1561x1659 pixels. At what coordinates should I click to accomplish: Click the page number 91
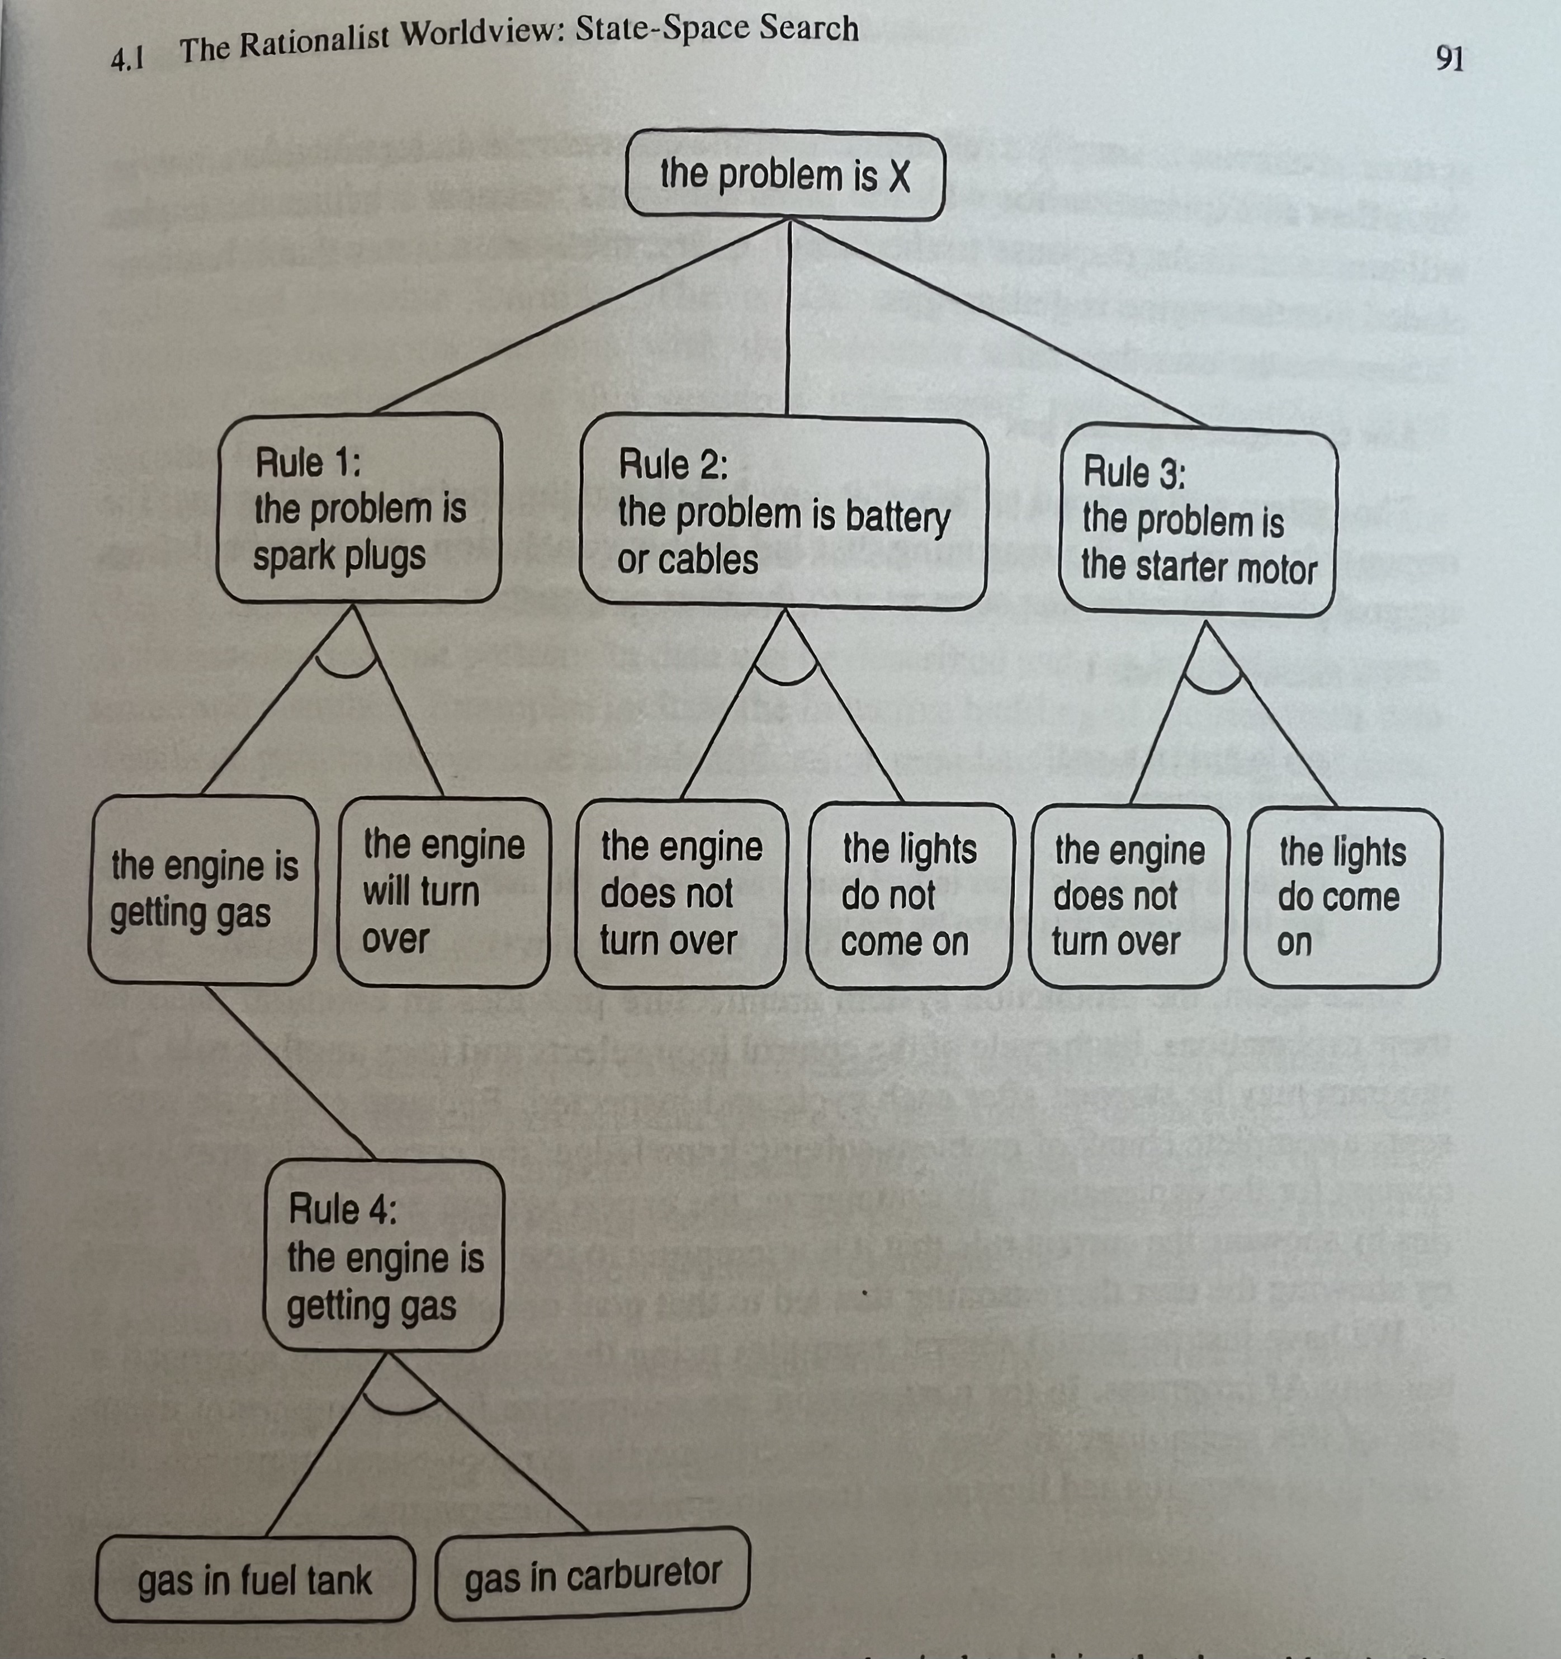1449,58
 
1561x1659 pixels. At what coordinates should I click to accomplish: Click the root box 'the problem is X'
784,175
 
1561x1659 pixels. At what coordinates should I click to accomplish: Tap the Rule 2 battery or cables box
783,512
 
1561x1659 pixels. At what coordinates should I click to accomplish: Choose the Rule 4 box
384,1256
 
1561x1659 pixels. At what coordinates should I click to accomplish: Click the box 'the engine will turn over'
443,891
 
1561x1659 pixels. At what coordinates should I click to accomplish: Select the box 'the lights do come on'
1342,897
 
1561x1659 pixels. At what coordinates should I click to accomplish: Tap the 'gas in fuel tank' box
254,1580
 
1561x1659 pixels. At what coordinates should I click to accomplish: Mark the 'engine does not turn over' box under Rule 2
681,893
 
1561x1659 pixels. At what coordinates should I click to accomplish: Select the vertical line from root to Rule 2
788,317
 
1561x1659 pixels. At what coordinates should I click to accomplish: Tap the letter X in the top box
898,176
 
